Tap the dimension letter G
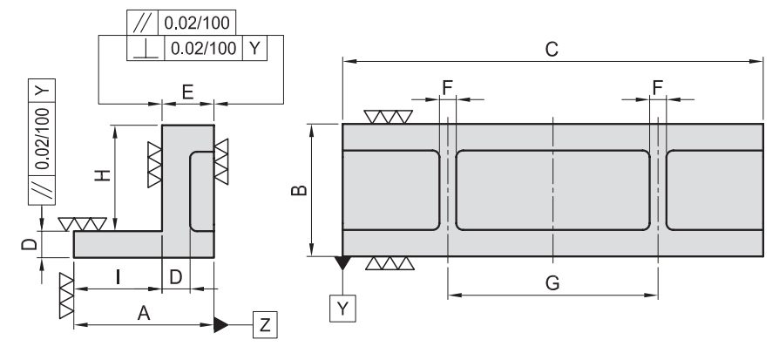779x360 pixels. pos(552,282)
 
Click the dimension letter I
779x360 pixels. pos(117,278)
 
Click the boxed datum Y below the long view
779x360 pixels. pos(342,308)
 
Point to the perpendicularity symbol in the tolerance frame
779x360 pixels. pos(144,47)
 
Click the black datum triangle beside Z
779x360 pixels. pos(221,324)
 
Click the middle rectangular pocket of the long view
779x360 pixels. pos(552,189)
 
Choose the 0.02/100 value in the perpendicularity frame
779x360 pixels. pos(200,47)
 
